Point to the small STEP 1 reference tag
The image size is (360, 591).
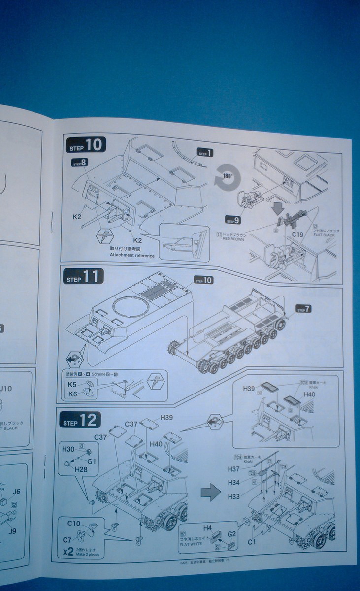205,153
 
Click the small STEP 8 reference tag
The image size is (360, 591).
80,162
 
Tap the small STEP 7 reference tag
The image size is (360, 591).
303,309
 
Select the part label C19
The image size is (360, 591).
297,234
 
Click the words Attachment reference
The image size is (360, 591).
132,256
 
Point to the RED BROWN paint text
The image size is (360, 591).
233,239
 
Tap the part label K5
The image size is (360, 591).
72,384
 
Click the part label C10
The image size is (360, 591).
74,523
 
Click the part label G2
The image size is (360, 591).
232,534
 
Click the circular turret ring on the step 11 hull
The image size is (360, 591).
131,307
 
